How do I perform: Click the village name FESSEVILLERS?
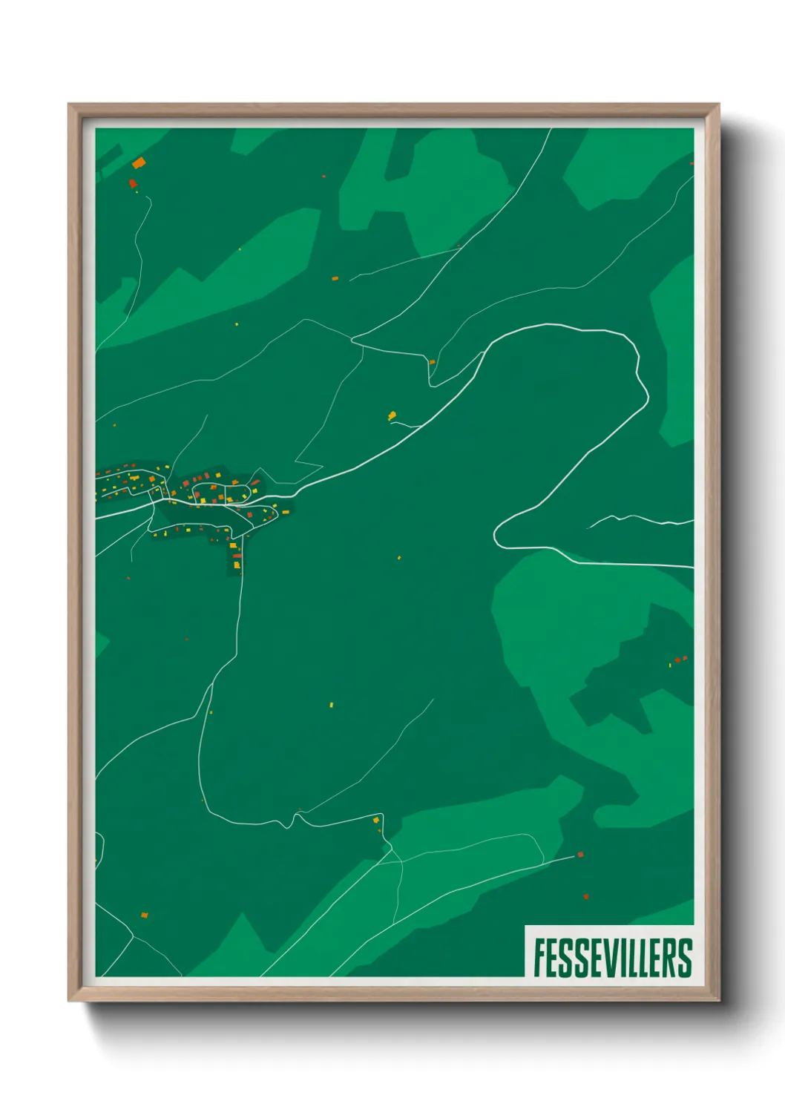(612, 958)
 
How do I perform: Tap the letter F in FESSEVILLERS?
(539, 958)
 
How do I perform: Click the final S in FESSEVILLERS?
(686, 958)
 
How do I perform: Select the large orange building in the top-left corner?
(139, 162)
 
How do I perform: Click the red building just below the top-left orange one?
(133, 183)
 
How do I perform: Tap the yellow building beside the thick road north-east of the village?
(392, 415)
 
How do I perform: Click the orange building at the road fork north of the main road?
(432, 362)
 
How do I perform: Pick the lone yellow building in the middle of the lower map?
(332, 705)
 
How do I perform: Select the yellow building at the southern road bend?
(376, 820)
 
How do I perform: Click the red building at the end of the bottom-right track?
(580, 855)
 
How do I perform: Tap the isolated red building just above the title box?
(586, 897)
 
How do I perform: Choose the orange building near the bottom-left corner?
(145, 915)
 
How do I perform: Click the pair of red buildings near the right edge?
(680, 659)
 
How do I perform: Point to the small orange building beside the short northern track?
(335, 278)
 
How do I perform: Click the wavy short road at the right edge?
(638, 519)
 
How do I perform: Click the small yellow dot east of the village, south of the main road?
(399, 557)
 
